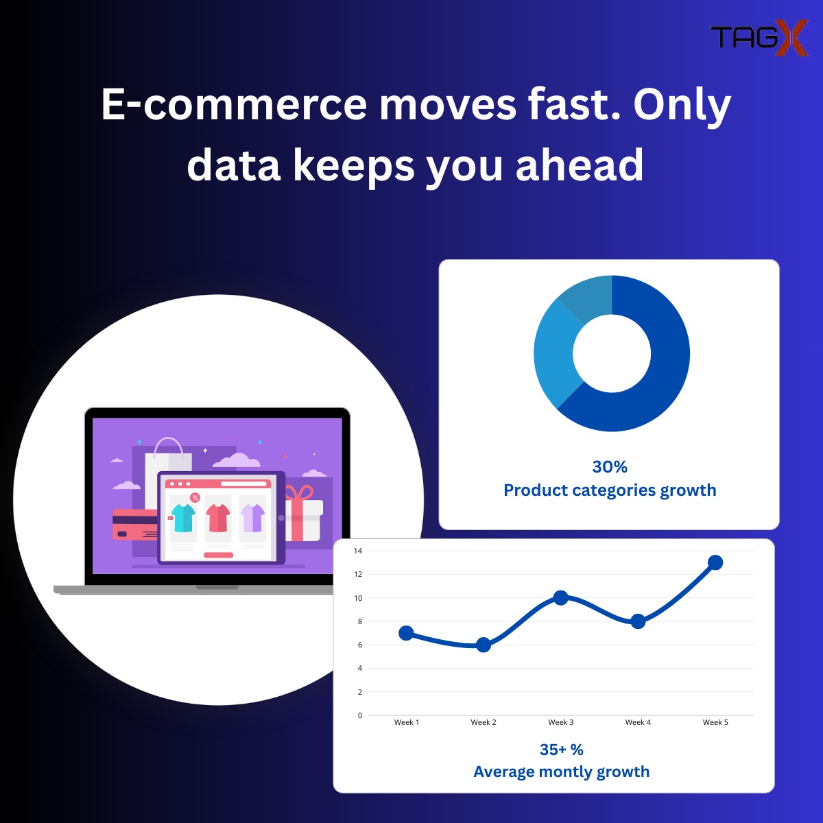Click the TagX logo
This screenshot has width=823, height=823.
coord(758,38)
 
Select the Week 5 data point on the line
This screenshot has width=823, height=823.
coord(715,562)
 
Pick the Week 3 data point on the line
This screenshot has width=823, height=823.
coord(560,597)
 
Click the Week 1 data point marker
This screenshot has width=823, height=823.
coord(406,633)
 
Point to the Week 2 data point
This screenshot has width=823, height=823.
coord(484,645)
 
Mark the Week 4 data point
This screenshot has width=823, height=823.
coord(638,621)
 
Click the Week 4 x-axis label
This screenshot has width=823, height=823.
coord(638,722)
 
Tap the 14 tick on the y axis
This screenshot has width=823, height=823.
coord(357,551)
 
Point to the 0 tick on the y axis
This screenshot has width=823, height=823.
coord(359,715)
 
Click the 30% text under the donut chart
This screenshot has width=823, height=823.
coord(610,466)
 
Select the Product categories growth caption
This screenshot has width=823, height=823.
coord(610,490)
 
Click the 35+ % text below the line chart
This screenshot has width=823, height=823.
coord(561,749)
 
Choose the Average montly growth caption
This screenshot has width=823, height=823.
coord(561,772)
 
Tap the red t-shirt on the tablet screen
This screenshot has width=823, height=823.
coord(218,517)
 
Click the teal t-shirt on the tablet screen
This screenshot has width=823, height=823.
coord(184,518)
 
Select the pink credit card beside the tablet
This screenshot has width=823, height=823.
coord(134,525)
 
